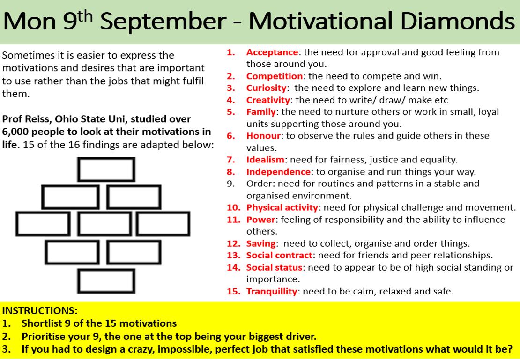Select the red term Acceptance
click(x=272, y=52)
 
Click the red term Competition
click(x=275, y=76)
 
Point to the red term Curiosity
click(x=266, y=88)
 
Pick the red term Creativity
click(x=268, y=100)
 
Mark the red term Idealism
click(x=265, y=160)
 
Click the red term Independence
click(x=278, y=172)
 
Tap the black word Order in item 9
click(x=257, y=184)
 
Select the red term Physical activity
click(x=283, y=207)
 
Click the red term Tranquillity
click(x=272, y=291)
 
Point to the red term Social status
click(x=274, y=267)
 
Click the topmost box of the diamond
click(x=106, y=169)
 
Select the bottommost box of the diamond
click(x=106, y=281)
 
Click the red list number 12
click(x=233, y=243)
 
